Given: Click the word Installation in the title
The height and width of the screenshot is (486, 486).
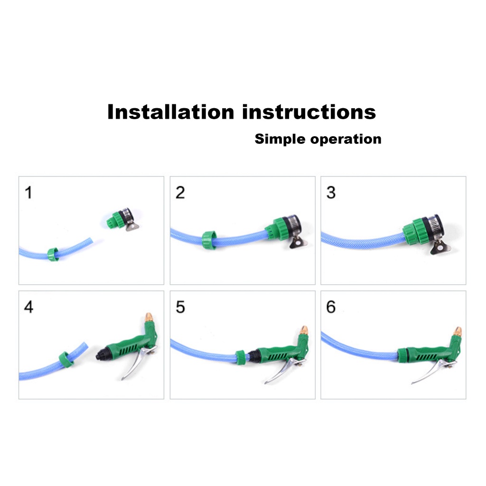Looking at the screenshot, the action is pyautogui.click(x=170, y=112).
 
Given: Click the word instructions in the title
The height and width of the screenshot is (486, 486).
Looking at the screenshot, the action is pyautogui.click(x=309, y=112).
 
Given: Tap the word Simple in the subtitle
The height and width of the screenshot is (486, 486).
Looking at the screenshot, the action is pyautogui.click(x=280, y=139).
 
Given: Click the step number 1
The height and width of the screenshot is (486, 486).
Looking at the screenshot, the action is pyautogui.click(x=29, y=193).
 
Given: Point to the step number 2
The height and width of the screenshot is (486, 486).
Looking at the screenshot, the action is pyautogui.click(x=180, y=193).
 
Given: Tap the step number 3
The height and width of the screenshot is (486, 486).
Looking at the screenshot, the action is pyautogui.click(x=331, y=193).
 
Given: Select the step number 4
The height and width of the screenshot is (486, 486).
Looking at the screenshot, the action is pyautogui.click(x=29, y=307).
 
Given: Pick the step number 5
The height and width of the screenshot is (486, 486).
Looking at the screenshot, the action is pyautogui.click(x=180, y=307).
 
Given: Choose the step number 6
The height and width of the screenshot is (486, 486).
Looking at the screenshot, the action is pyautogui.click(x=331, y=307).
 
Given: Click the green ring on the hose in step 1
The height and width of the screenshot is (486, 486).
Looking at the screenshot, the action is pyautogui.click(x=53, y=254).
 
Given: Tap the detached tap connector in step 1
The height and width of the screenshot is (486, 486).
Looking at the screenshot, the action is pyautogui.click(x=121, y=219).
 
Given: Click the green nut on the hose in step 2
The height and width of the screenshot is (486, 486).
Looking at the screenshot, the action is pyautogui.click(x=209, y=240).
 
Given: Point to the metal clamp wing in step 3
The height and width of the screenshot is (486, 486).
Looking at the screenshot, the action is pyautogui.click(x=440, y=247).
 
